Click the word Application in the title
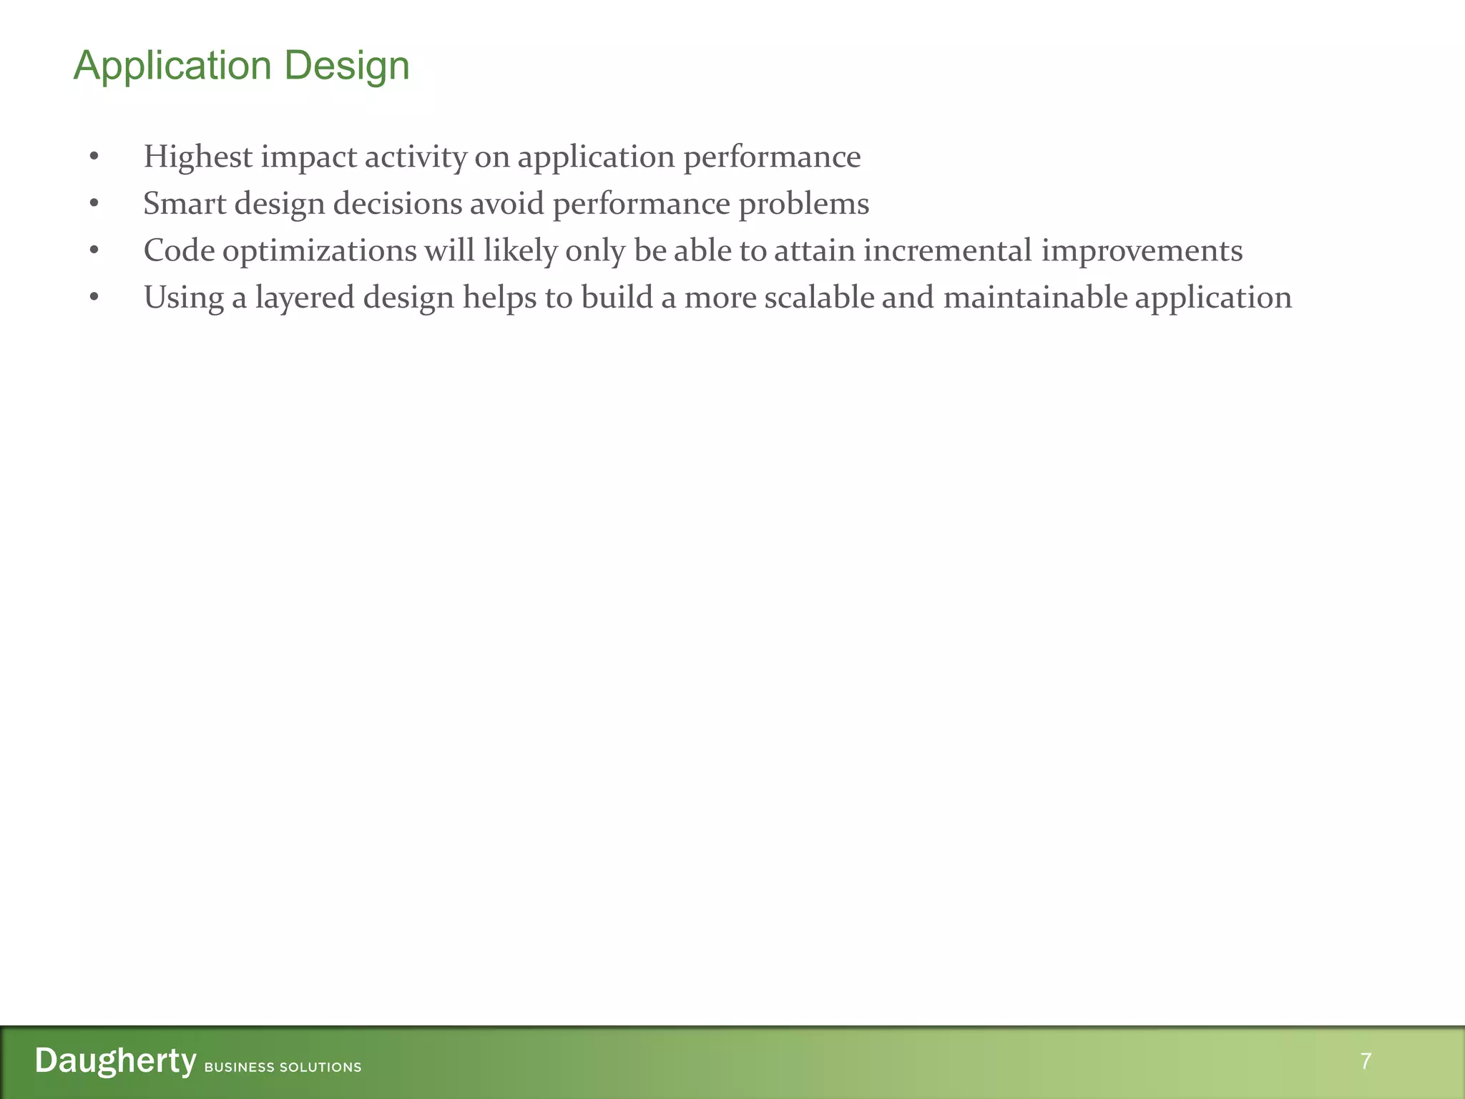[x=172, y=67]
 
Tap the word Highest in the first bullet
[x=198, y=157]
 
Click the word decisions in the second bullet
[x=398, y=204]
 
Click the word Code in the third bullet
[x=179, y=251]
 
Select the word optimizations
[x=319, y=251]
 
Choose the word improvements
[x=1142, y=251]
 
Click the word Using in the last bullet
[x=184, y=298]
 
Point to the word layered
[x=305, y=298]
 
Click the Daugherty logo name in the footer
[x=115, y=1061]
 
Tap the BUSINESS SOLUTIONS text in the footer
[x=283, y=1068]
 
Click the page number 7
[x=1366, y=1061]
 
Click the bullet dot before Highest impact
[x=94, y=157]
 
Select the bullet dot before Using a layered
[x=94, y=298]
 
